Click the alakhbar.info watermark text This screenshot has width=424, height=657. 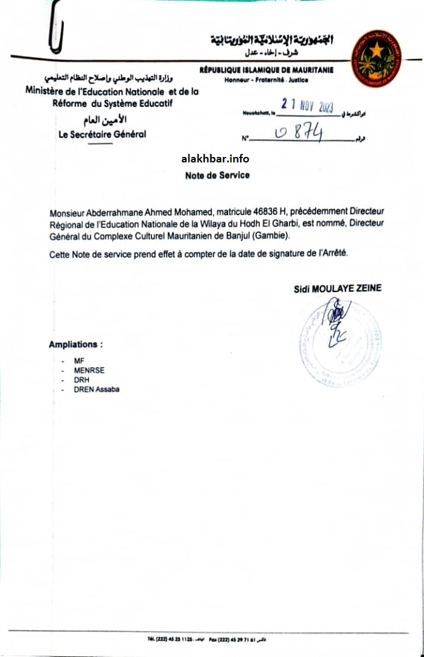(x=215, y=159)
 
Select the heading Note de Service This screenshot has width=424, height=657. (x=217, y=175)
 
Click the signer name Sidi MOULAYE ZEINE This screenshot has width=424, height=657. (x=338, y=288)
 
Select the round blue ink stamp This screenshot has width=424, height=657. (x=341, y=341)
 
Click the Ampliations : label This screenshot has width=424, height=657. (x=75, y=344)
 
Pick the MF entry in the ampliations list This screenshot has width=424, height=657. (x=79, y=361)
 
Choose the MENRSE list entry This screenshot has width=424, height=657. (x=89, y=370)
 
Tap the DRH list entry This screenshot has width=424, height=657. (x=82, y=380)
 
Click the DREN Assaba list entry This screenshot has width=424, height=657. (x=97, y=389)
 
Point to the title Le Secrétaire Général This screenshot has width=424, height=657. (x=102, y=134)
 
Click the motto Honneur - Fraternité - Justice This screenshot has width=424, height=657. (x=266, y=80)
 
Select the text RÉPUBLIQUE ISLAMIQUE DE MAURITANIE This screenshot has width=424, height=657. (x=266, y=71)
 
